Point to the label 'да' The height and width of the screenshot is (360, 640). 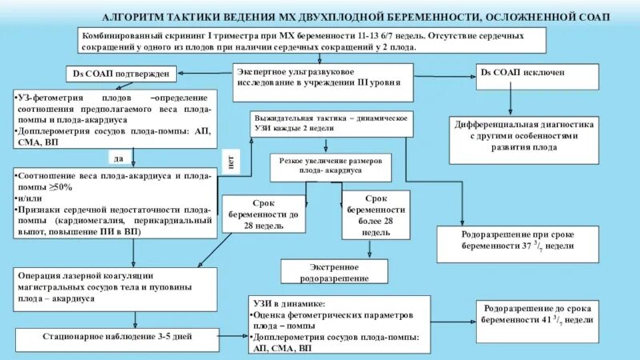click(x=118, y=158)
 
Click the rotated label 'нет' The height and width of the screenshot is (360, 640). click(x=231, y=162)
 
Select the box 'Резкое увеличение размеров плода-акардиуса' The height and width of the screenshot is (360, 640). click(x=331, y=166)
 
